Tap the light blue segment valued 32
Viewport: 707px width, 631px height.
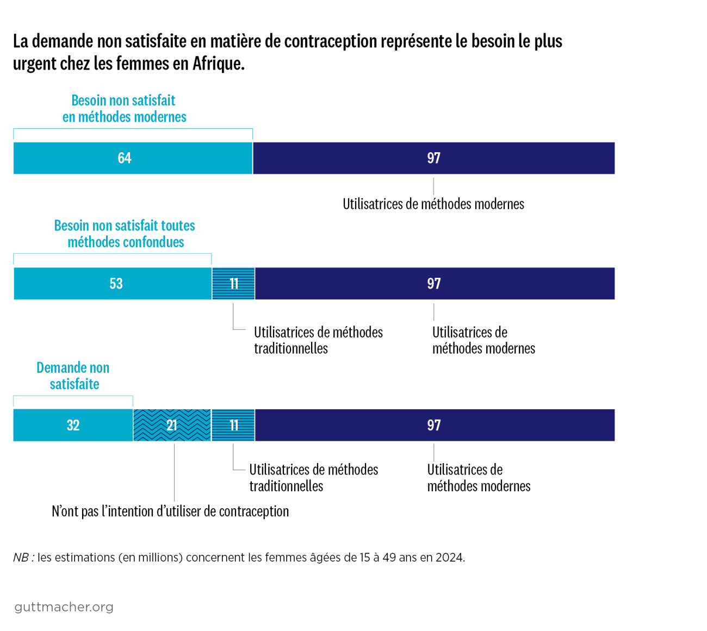coord(73,425)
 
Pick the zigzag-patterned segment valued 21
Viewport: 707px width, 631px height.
coord(172,425)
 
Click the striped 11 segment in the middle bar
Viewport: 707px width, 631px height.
coord(233,283)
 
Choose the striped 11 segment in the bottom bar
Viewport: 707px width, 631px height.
coord(233,425)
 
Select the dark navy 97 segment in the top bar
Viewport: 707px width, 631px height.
coord(433,158)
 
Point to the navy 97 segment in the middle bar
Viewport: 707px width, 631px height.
coord(434,283)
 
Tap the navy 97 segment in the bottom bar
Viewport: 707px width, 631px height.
coord(434,425)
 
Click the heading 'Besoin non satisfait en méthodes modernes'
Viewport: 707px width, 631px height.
coord(124,109)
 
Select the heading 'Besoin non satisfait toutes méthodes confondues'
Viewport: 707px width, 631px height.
coord(125,234)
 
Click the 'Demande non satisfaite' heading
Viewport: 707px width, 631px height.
coord(73,376)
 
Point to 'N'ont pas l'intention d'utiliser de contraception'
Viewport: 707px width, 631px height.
coord(170,511)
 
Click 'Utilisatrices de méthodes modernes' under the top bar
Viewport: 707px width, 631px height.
coord(433,204)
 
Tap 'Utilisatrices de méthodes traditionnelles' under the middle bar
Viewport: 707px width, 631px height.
coord(318,340)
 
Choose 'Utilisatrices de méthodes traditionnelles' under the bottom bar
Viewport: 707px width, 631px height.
coord(313,478)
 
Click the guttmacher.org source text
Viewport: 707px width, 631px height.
coord(64,607)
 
